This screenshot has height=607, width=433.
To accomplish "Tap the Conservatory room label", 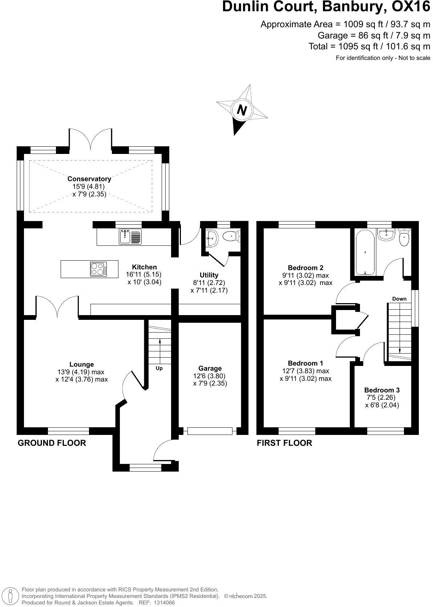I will [x=89, y=179].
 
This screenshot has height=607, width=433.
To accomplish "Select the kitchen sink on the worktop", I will [x=130, y=237].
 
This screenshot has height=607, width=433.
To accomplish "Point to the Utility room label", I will [x=209, y=275].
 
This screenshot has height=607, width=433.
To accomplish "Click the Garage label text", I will [x=210, y=368].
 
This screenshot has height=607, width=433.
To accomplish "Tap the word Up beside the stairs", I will [x=159, y=368].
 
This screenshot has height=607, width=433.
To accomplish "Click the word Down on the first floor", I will [x=399, y=299].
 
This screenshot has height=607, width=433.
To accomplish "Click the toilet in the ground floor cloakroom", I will [x=231, y=236].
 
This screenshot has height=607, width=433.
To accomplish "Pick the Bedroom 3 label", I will [x=382, y=390].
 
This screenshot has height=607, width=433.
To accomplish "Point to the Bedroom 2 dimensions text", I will [x=305, y=279].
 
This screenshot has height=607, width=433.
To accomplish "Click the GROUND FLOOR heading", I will [x=52, y=443].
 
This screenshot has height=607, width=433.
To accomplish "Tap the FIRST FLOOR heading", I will [x=284, y=443].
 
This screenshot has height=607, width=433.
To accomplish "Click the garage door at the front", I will [x=210, y=431].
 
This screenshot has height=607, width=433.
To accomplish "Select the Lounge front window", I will [x=68, y=431].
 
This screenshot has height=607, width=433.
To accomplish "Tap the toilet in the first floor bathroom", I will [x=404, y=237].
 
